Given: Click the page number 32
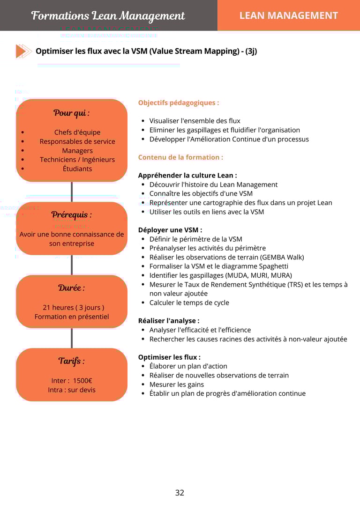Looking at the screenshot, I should pyautogui.click(x=180, y=493).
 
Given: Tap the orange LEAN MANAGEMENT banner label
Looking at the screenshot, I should pyautogui.click(x=288, y=15).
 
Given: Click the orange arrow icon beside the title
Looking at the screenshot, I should pyautogui.click(x=23, y=51).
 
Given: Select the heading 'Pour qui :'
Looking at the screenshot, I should pyautogui.click(x=72, y=113).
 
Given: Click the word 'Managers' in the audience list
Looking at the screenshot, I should pyautogui.click(x=77, y=151).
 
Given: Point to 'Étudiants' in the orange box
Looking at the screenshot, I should pyautogui.click(x=77, y=169).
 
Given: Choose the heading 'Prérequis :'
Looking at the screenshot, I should pyautogui.click(x=72, y=214).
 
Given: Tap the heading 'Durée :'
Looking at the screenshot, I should pyautogui.click(x=72, y=288).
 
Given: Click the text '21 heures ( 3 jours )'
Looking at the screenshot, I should pyautogui.click(x=74, y=308).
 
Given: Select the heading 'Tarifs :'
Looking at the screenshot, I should pyautogui.click(x=72, y=361).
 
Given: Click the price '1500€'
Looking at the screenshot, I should pyautogui.click(x=82, y=381).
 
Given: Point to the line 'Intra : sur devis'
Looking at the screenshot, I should pyautogui.click(x=72, y=390).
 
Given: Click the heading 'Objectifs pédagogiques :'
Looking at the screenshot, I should pyautogui.click(x=179, y=103).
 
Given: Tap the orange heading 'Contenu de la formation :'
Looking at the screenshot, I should pyautogui.click(x=180, y=157).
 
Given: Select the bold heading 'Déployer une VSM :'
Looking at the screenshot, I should pyautogui.click(x=170, y=230).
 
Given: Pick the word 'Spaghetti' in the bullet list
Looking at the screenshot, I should pyautogui.click(x=273, y=266).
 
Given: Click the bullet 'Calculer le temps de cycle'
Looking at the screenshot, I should pyautogui.click(x=189, y=303).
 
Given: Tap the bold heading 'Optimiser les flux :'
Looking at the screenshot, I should pyautogui.click(x=169, y=357).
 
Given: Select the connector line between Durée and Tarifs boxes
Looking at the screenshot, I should pyautogui.click(x=72, y=338).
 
